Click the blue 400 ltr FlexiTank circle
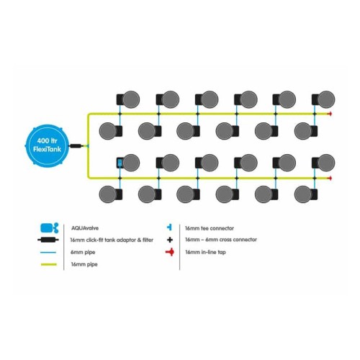[x=47, y=145]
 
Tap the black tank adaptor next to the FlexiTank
[x=76, y=145]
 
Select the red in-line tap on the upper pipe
[x=330, y=114]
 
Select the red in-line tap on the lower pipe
[x=330, y=178]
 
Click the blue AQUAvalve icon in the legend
[x=49, y=228]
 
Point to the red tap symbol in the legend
[x=170, y=252]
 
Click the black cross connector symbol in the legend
[x=170, y=240]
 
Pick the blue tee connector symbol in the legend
[x=169, y=227]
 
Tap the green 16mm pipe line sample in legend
[x=49, y=264]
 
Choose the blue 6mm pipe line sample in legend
[x=49, y=252]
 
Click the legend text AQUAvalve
[x=85, y=228]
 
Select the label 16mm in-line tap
[x=205, y=252]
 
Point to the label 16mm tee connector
[x=210, y=228]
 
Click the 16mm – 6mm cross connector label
[x=221, y=240]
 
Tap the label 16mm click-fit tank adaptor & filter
[x=112, y=240]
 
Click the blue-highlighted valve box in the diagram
[x=120, y=163]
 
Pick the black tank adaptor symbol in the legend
[x=48, y=240]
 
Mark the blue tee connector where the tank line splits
[x=88, y=145]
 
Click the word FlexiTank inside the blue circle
[x=47, y=150]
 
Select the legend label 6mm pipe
[x=83, y=253]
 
